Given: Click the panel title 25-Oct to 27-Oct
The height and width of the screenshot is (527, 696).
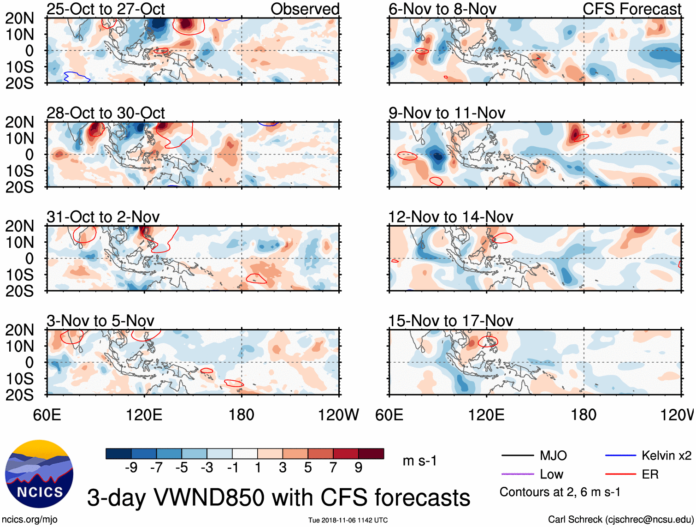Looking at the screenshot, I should click(106, 9).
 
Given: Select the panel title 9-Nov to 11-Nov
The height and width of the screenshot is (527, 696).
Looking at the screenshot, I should click(447, 113).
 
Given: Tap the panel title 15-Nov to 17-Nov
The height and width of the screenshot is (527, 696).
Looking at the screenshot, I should click(450, 321).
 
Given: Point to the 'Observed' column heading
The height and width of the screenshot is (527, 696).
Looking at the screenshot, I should click(305, 9).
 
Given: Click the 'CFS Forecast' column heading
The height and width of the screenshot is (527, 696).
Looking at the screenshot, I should click(631, 9).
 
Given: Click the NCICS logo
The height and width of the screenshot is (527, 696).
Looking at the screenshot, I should click(39, 474).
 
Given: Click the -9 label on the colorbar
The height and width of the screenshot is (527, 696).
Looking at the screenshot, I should click(131, 468).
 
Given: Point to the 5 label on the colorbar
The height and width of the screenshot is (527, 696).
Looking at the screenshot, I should click(308, 468).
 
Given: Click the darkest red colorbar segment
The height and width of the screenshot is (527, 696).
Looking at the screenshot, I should click(371, 454).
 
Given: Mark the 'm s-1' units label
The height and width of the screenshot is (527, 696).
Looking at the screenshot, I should click(419, 461).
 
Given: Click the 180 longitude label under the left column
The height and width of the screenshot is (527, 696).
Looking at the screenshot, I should click(242, 415).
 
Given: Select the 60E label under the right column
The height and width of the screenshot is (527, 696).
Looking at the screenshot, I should click(389, 415).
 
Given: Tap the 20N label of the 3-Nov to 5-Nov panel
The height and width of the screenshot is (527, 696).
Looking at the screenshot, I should click(19, 330).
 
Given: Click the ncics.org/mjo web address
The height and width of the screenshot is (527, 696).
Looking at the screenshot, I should click(29, 520).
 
